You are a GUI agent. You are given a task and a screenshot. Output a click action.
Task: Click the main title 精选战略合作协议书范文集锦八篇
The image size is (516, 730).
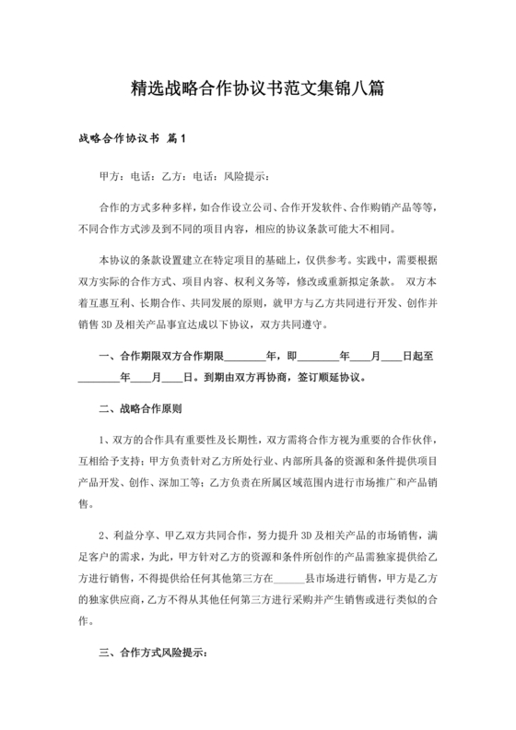(258, 89)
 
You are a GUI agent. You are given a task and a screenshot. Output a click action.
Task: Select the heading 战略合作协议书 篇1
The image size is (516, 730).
(134, 140)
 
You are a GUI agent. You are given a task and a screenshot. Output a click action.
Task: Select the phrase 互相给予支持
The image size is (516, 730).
(109, 461)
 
